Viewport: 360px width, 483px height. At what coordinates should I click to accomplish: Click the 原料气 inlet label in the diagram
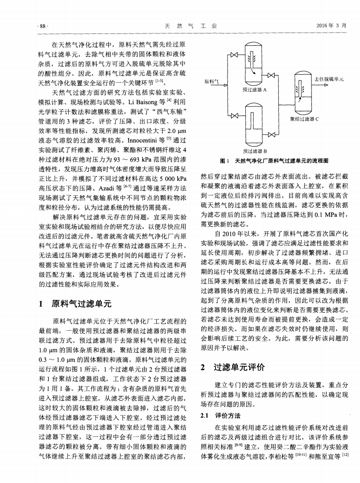pyautogui.click(x=212, y=81)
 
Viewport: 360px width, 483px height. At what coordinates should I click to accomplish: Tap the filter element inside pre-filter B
pyautogui.click(x=253, y=119)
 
